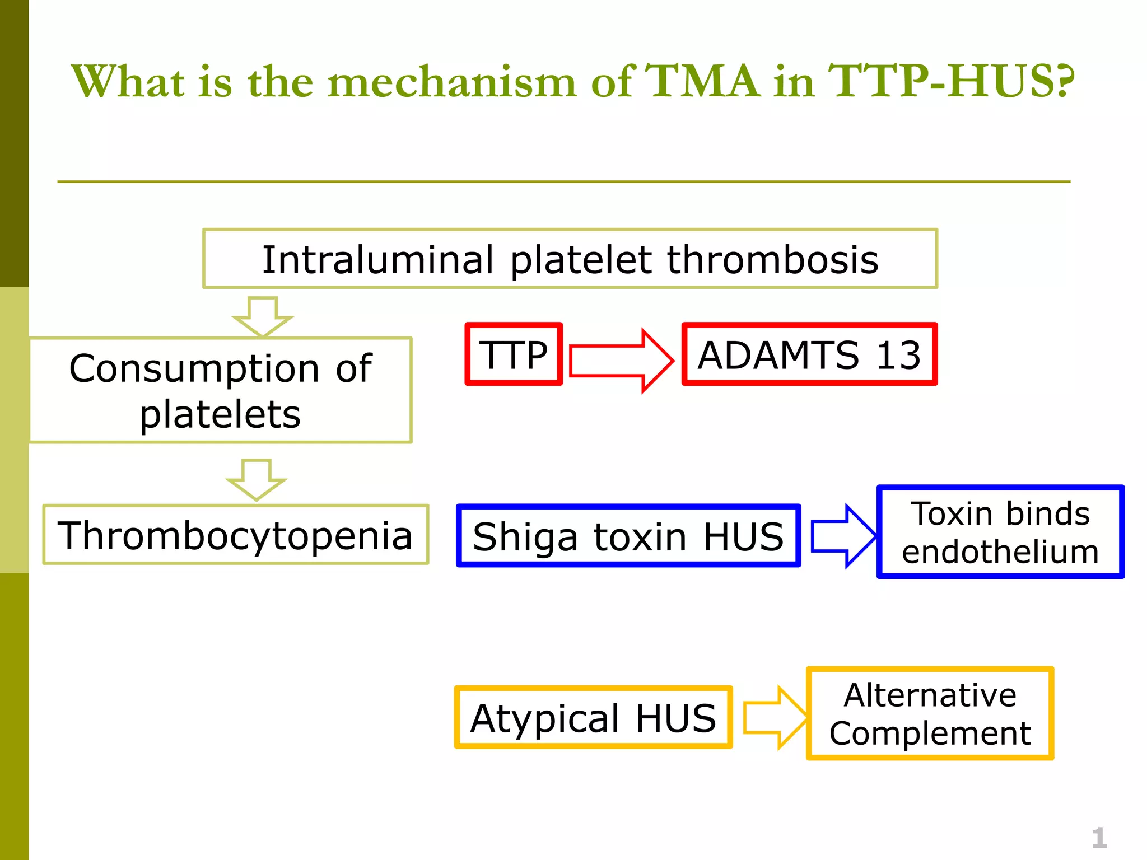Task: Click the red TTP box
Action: pos(514,354)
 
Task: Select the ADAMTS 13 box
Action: pos(809,354)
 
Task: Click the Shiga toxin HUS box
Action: pos(628,536)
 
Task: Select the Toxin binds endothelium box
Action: pos(1000,532)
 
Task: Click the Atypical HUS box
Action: pos(593,717)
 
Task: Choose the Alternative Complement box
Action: pos(930,713)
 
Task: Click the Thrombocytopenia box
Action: pos(235,535)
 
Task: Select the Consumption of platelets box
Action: pos(220,390)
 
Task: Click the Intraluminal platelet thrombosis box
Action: pos(570,259)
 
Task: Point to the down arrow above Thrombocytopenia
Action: pos(257,479)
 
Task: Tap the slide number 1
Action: pos(1099,838)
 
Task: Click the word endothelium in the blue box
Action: pos(1000,551)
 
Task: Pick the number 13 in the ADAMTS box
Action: pos(898,355)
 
